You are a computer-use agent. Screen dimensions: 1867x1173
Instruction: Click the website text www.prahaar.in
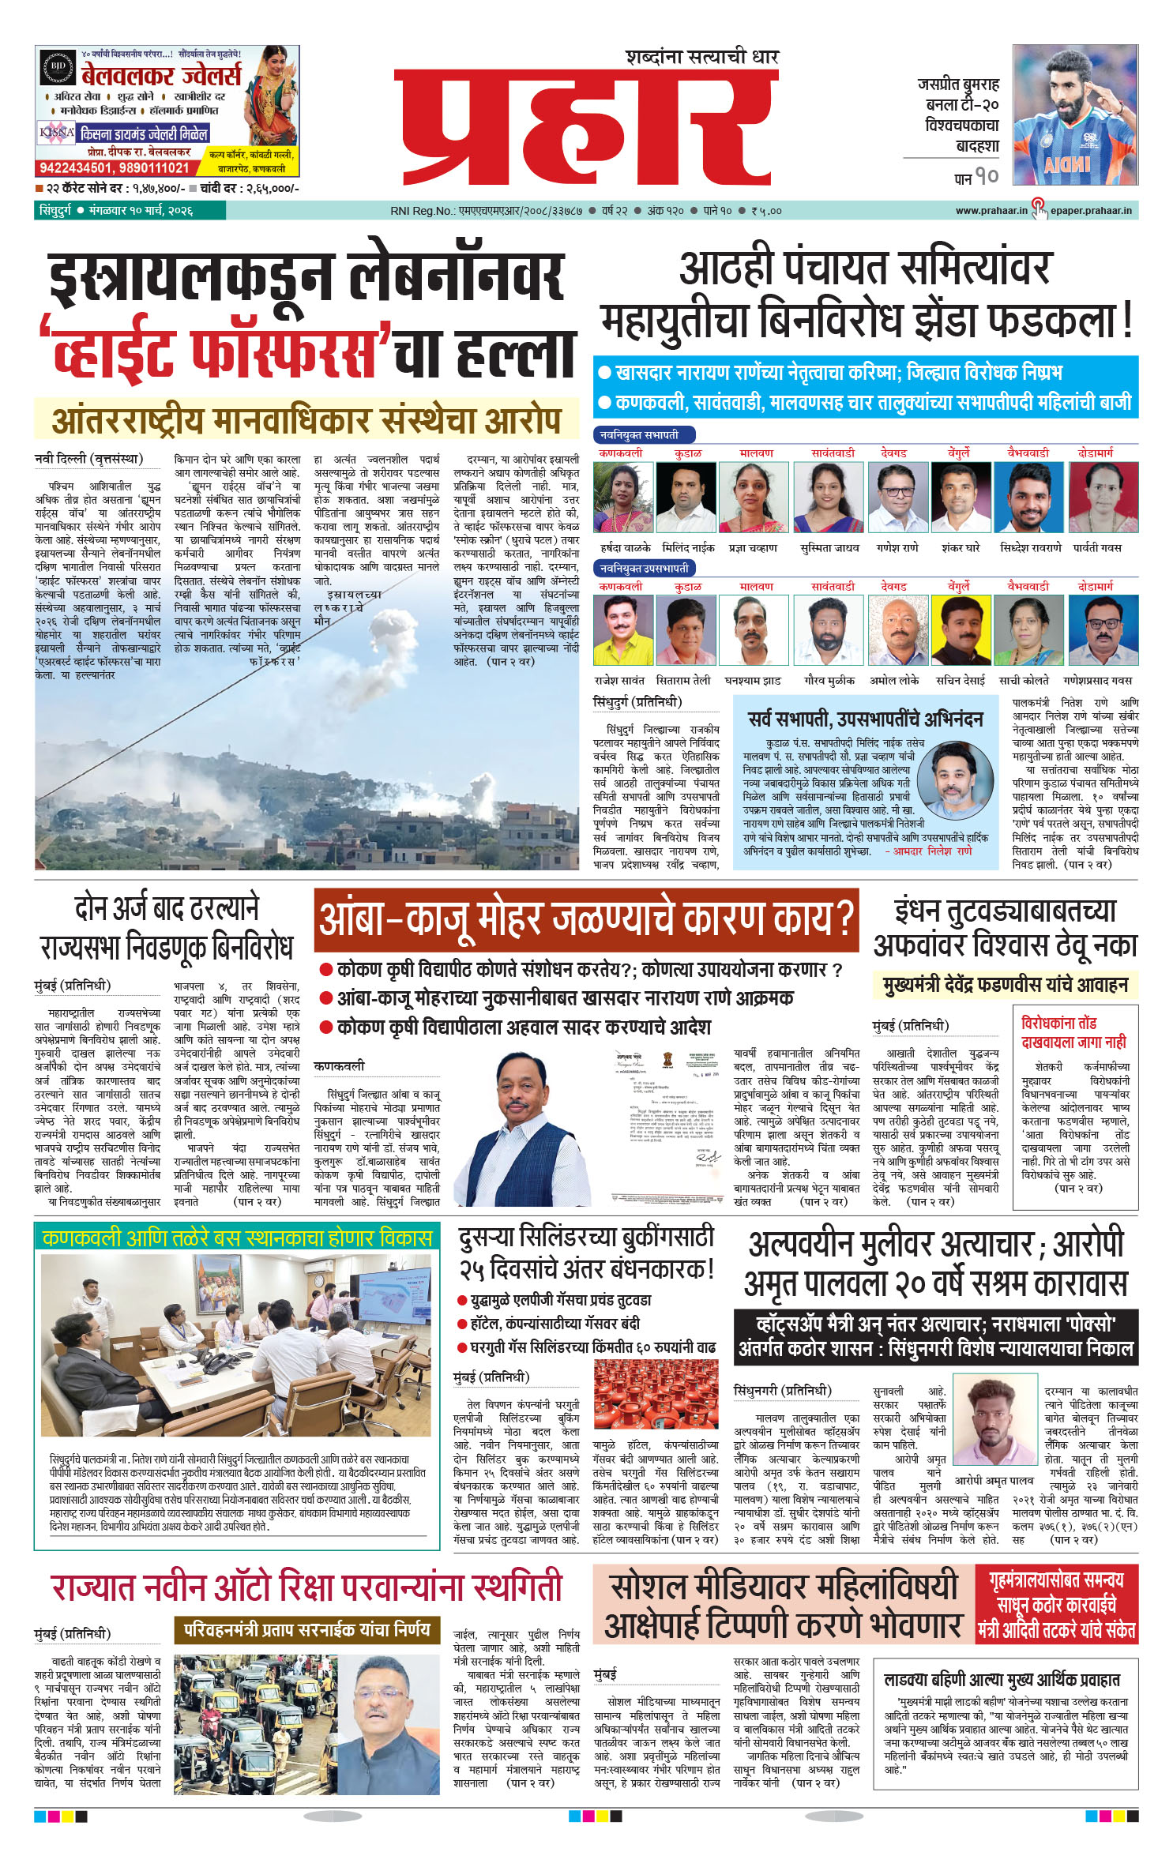coord(991,211)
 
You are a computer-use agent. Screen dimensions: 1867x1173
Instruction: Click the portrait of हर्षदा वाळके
coord(623,498)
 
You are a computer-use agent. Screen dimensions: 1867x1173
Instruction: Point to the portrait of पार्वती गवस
coord(1103,498)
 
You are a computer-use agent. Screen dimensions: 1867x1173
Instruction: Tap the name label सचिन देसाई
coord(961,680)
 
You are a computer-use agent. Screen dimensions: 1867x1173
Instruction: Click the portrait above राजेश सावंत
coord(623,631)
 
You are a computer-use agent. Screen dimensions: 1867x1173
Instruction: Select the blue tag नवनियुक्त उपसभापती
coord(643,568)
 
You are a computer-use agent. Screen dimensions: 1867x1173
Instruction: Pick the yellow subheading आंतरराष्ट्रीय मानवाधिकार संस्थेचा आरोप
coord(306,420)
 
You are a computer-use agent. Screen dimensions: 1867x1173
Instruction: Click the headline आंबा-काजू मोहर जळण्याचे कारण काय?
coord(586,919)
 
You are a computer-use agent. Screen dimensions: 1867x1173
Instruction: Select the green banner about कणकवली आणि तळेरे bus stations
coord(237,1237)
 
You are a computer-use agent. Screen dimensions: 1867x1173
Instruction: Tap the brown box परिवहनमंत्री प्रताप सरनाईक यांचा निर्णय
coord(306,1629)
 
